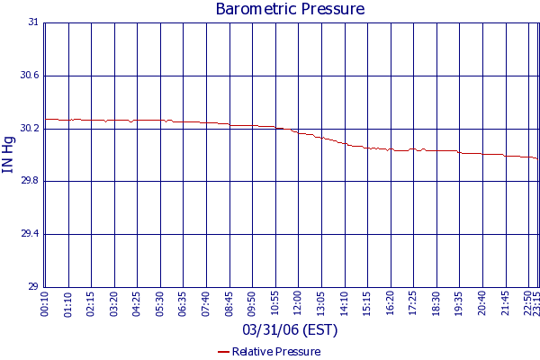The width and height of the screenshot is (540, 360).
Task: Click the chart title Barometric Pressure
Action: click(290, 9)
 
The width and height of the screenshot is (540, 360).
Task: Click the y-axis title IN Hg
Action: click(10, 154)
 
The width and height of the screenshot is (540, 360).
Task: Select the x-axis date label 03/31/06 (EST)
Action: click(289, 330)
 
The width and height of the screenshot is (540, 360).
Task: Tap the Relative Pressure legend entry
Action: click(269, 352)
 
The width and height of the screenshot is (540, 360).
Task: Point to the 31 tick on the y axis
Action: click(33, 22)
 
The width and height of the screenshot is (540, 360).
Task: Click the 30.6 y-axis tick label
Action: click(30, 76)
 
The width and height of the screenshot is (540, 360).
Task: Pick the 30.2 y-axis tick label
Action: click(30, 129)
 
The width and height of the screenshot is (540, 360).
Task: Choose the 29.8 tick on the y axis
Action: click(30, 181)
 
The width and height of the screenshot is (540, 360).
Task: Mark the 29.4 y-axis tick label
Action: click(30, 234)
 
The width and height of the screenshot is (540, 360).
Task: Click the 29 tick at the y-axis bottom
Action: click(33, 287)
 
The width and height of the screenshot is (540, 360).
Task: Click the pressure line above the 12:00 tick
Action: click(299, 133)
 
